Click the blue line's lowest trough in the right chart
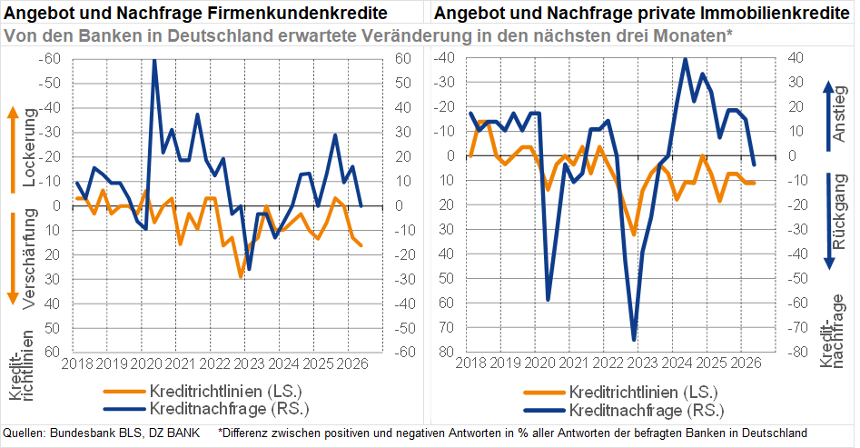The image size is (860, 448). [634, 339]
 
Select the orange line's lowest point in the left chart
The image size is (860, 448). [241, 276]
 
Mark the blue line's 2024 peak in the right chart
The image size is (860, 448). [685, 59]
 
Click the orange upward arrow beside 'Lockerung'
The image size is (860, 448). [13, 149]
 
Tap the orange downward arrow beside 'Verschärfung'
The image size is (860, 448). [13, 259]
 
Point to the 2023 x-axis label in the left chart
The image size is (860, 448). [244, 363]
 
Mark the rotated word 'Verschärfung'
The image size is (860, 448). [30, 260]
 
